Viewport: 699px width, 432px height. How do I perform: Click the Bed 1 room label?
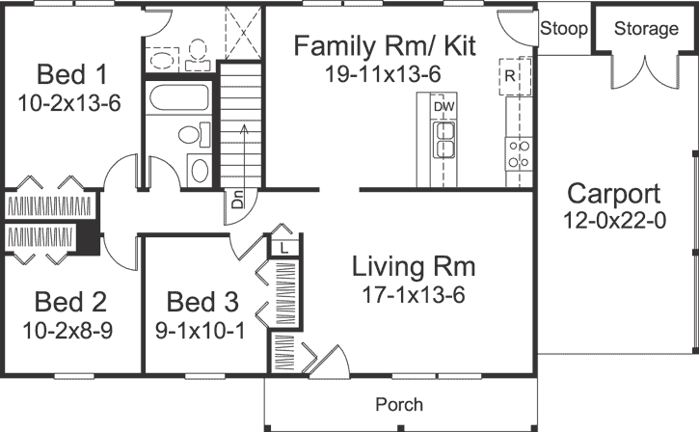[x=69, y=74]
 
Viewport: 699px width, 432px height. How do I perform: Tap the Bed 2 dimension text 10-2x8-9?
[x=69, y=331]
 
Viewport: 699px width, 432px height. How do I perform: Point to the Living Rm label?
[x=414, y=265]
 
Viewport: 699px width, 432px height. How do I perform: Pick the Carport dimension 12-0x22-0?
[x=613, y=221]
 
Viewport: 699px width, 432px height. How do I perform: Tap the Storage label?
[x=645, y=29]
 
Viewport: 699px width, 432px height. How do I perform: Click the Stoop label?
[x=563, y=29]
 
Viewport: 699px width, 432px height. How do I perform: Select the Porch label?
[x=399, y=404]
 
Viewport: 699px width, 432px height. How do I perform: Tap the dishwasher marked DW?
[x=444, y=105]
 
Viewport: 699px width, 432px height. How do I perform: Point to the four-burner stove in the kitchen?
[x=519, y=153]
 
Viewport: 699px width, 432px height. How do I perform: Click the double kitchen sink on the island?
[x=444, y=139]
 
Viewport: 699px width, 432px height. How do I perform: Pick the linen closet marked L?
[x=285, y=248]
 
